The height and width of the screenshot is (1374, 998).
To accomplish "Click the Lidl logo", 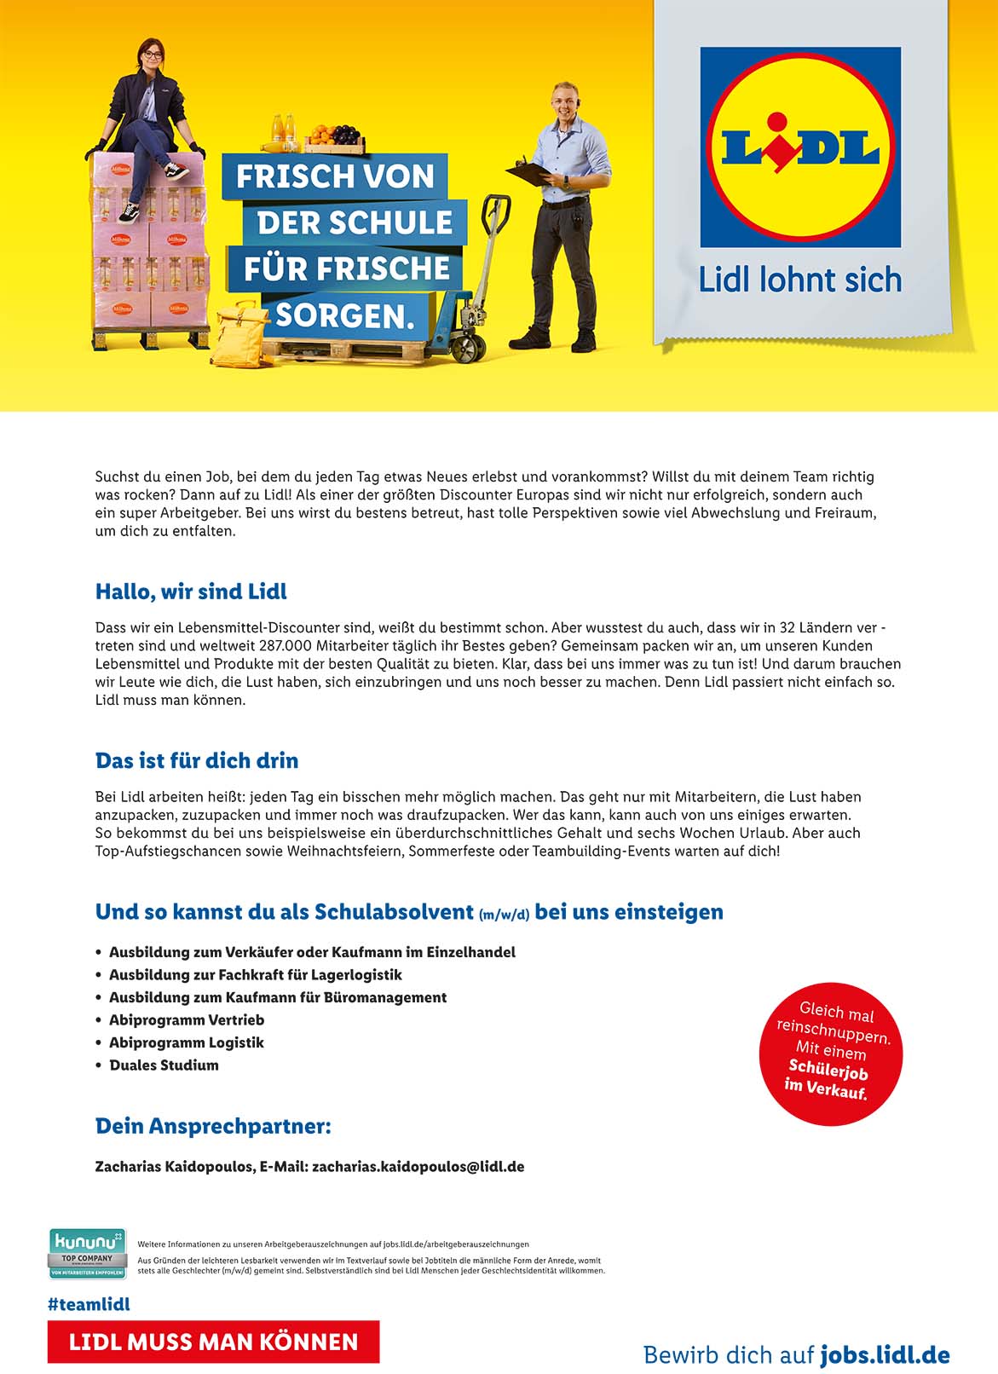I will click(x=799, y=147).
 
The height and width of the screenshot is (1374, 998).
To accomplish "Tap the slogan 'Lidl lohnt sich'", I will click(x=799, y=280).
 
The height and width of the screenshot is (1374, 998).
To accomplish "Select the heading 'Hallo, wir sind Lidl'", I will click(x=191, y=592).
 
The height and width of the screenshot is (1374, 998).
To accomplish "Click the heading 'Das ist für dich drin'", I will click(x=197, y=760).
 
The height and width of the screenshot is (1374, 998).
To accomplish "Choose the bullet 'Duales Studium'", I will click(x=164, y=1065).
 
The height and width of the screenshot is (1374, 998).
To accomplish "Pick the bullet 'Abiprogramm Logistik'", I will click(x=186, y=1042).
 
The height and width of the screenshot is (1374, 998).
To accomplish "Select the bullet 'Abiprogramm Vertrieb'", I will click(x=186, y=1019).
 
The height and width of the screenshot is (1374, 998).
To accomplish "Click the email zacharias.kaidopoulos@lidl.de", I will click(x=418, y=1166).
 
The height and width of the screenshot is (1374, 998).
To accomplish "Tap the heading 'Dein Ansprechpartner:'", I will click(x=213, y=1126).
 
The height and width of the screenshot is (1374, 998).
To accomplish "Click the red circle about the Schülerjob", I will click(x=830, y=1054).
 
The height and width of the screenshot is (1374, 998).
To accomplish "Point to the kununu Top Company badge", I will click(x=88, y=1253).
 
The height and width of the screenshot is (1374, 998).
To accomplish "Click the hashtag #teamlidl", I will click(x=89, y=1304).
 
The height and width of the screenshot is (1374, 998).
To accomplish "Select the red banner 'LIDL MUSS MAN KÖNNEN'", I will click(x=213, y=1342).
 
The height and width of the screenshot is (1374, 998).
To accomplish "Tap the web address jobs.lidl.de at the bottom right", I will click(x=885, y=1354).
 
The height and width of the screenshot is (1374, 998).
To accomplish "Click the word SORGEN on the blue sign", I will click(x=344, y=316).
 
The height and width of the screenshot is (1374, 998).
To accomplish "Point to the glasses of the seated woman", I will click(x=151, y=55).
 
